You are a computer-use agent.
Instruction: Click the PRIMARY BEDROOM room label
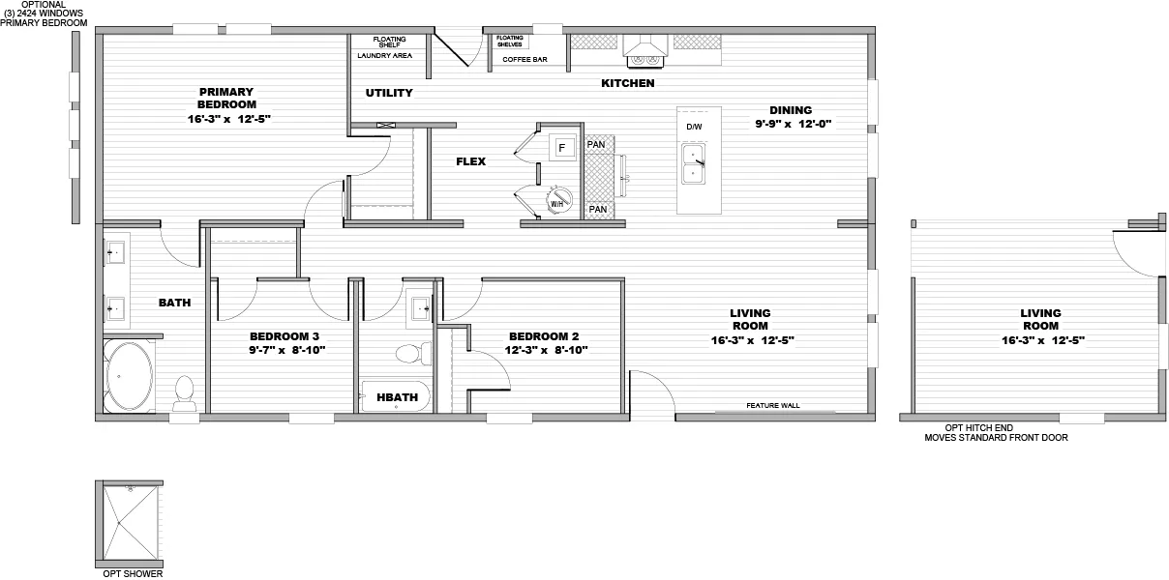pos(226,98)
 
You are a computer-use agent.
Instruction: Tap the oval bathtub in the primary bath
pos(128,377)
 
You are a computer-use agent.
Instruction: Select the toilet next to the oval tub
pos(184,391)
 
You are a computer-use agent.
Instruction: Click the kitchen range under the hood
pos(644,60)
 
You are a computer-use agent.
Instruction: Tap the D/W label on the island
pos(694,128)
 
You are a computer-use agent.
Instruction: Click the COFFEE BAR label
pos(525,60)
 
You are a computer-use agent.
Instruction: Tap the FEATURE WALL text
pos(773,406)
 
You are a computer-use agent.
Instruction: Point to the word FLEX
pos(471,161)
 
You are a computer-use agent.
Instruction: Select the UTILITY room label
pos(389,93)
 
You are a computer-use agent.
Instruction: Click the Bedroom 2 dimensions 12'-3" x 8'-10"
pos(544,350)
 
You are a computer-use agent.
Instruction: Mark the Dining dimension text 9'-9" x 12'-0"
pos(794,124)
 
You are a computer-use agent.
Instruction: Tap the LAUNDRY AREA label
pos(385,56)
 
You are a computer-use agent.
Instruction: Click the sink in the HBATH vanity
pos(421,307)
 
